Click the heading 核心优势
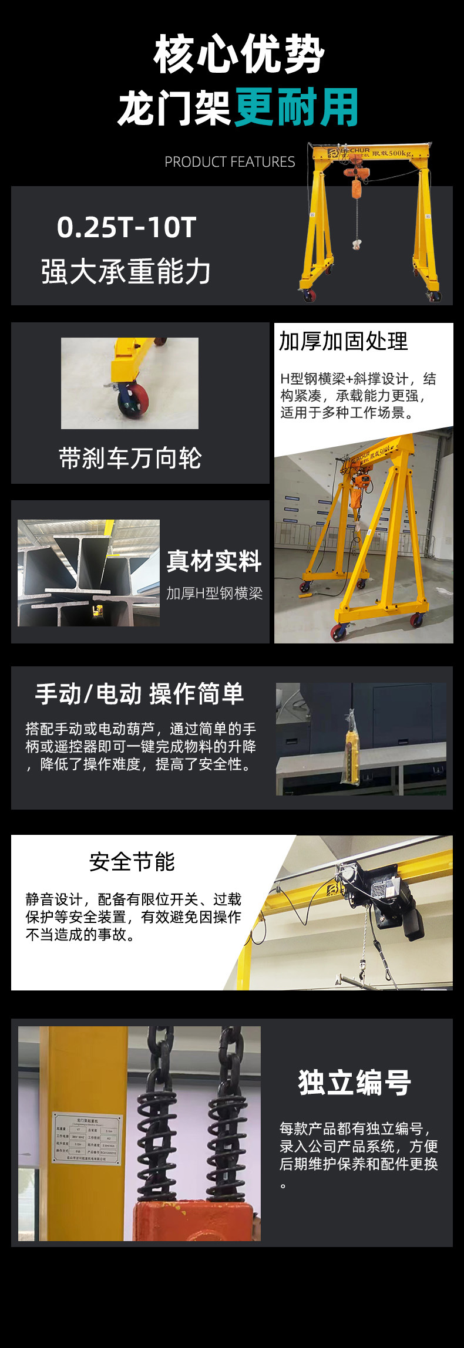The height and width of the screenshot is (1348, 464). pos(239,55)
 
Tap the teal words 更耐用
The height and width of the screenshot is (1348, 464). pos(297,107)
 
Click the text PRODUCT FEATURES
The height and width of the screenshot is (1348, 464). pos(230,162)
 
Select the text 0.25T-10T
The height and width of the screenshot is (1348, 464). pos(126,227)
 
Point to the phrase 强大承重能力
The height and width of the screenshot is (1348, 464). pos(126,272)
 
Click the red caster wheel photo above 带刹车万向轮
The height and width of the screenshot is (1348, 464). pos(130,383)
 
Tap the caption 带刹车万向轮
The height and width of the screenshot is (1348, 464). pos(130,459)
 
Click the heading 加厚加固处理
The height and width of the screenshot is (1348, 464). pos(343,342)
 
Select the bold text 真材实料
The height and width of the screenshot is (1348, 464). pos(214,561)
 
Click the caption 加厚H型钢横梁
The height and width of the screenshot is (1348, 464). pos(214,594)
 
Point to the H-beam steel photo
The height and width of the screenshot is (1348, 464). pos(89,572)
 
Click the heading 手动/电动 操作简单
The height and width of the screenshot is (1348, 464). pos(139,694)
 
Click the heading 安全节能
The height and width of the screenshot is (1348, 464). pos(132,862)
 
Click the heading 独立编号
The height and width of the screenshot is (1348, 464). pos(355,1083)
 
